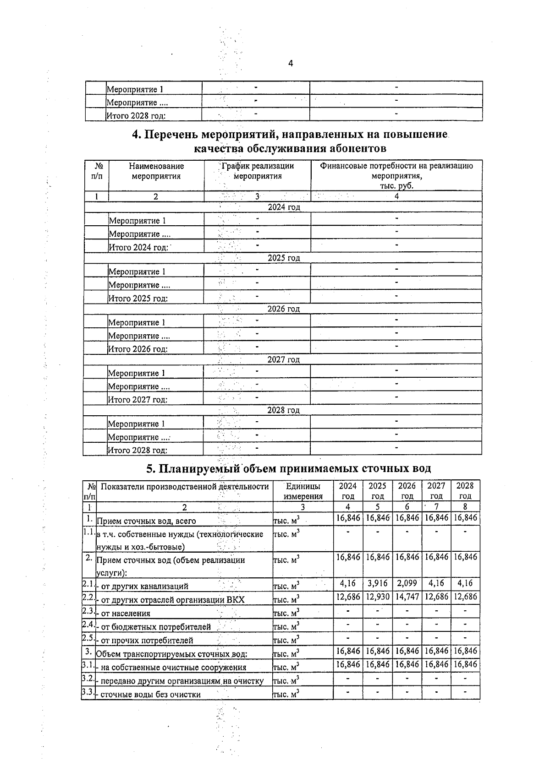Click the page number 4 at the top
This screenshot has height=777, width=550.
coord(291,64)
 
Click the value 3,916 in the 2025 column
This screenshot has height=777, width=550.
coord(377,584)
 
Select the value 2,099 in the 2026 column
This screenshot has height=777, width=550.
coord(407,584)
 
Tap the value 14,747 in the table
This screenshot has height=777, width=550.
coord(407,597)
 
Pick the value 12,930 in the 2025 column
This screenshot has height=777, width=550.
coord(377,597)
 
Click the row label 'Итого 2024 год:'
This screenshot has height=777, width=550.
coord(137,248)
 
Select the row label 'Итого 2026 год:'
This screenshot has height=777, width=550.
coord(137,349)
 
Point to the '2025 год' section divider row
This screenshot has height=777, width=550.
coord(284,258)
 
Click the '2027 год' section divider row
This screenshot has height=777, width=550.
coord(284,360)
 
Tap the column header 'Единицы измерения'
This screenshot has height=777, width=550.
coord(302,491)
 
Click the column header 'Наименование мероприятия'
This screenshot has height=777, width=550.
coord(156,171)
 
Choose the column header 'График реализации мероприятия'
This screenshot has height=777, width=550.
coord(258,171)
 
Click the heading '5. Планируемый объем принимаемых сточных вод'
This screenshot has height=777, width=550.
coord(288,469)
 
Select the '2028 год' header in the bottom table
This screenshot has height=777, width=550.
coord(465,491)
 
